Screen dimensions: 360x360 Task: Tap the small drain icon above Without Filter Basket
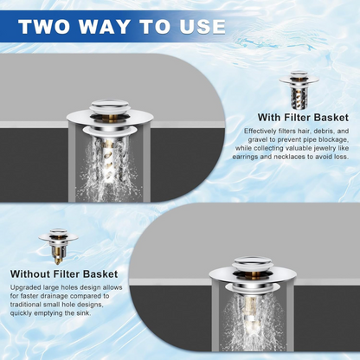coord(58,245)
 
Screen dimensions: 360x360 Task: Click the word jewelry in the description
coord(331,148)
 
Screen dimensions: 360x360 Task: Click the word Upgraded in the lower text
coord(26,288)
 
